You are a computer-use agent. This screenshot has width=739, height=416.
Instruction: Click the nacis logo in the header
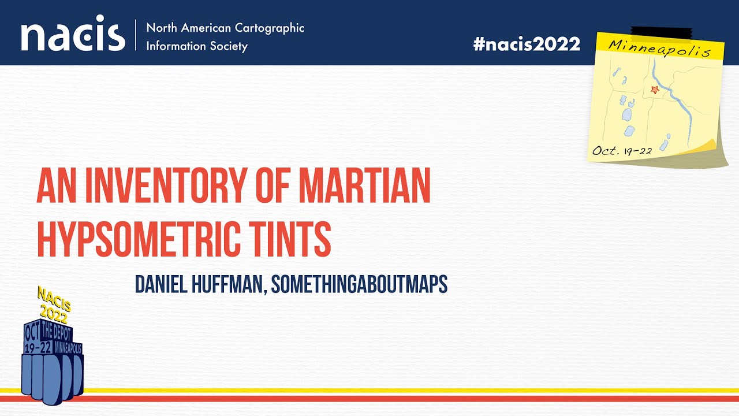73,36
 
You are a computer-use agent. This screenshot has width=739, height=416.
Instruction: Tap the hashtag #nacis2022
527,44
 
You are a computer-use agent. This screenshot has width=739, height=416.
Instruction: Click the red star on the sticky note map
654,90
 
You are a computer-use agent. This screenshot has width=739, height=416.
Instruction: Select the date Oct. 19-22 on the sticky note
622,151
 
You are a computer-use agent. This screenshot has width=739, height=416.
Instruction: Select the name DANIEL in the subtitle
162,284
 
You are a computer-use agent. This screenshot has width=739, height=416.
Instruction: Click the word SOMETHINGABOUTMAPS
359,284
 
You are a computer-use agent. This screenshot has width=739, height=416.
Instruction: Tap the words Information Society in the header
197,46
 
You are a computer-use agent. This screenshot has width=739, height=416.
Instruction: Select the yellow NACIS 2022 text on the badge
53,306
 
